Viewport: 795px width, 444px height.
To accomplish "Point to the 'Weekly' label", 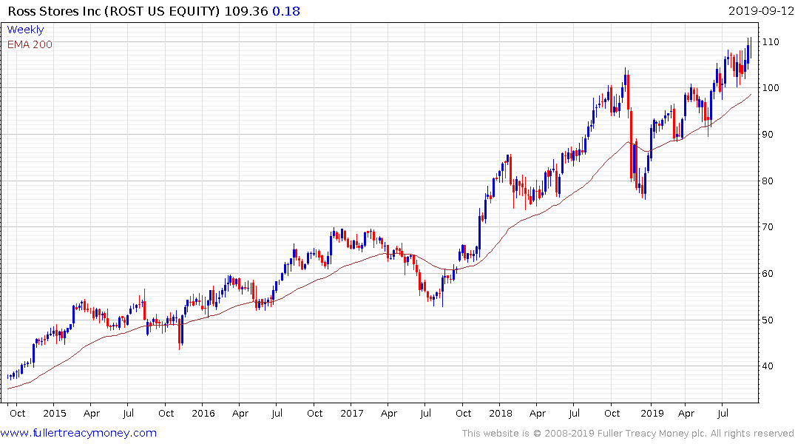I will (25, 30).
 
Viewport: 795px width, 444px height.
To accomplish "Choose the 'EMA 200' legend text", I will (30, 44).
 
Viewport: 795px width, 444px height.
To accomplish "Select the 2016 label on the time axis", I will (203, 412).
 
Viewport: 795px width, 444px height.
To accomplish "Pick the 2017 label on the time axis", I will (352, 412).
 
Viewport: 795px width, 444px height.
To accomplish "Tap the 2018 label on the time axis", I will (501, 412).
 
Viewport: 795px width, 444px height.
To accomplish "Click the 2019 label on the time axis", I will (651, 412).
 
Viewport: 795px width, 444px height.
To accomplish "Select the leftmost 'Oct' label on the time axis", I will (17, 412).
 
